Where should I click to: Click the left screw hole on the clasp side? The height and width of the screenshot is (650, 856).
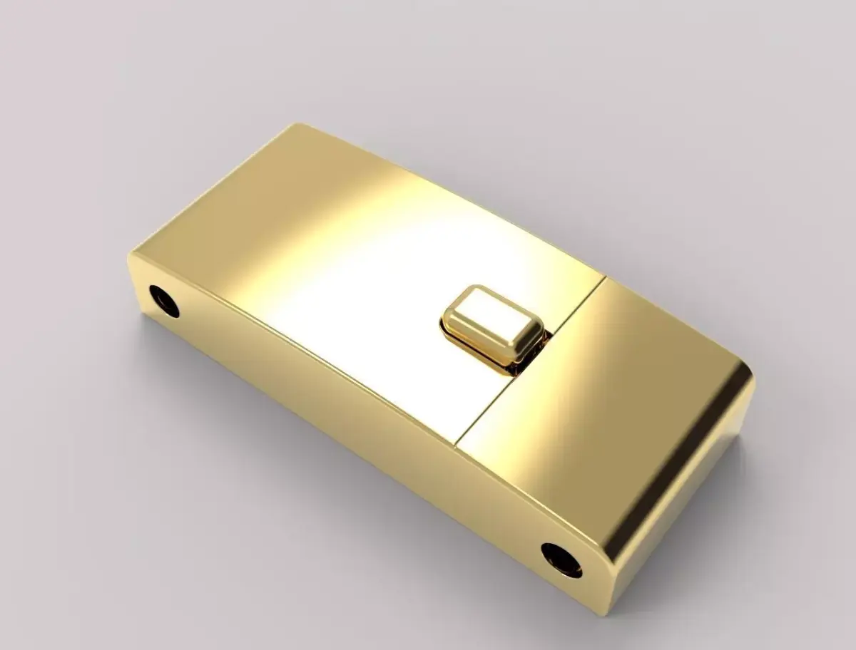pyautogui.click(x=164, y=300)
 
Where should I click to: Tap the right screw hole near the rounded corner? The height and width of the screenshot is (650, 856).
pyautogui.click(x=561, y=559)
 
